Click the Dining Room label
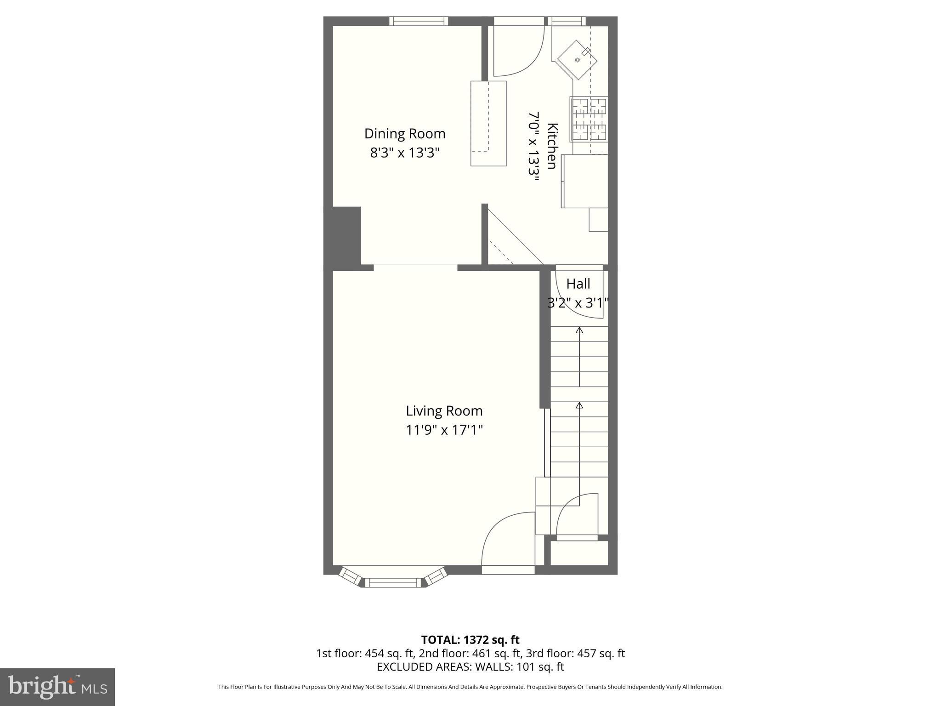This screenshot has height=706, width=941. [404, 134]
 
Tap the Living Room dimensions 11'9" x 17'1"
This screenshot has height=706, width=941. [444, 430]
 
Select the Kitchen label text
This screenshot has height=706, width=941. [552, 146]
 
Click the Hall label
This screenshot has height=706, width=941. [578, 284]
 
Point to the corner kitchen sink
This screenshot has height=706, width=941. [577, 60]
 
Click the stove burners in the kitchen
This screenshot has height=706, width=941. [589, 119]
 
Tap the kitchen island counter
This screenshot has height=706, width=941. [488, 123]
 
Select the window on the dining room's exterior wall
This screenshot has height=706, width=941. [419, 21]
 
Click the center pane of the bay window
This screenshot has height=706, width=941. [393, 583]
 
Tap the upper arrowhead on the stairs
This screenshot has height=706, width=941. [579, 330]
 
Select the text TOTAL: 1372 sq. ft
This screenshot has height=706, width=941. [470, 640]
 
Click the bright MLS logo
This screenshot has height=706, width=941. [57, 687]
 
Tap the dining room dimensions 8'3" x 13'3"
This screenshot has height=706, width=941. [404, 153]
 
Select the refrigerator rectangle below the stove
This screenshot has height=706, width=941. [584, 181]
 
